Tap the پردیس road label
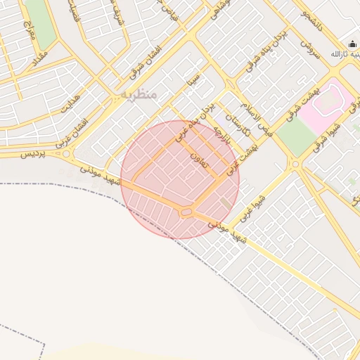pos(31,154)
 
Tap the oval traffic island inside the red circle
pos(186,211)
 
